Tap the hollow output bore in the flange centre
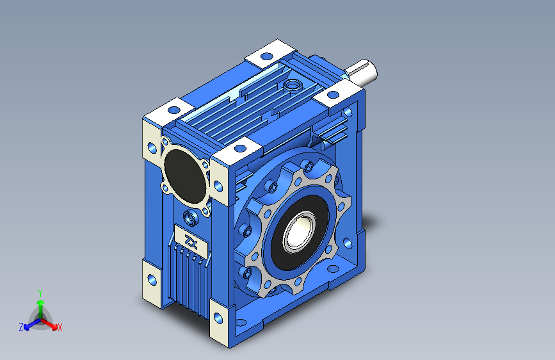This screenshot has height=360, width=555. [298, 232]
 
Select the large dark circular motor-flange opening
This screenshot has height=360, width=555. [185, 176]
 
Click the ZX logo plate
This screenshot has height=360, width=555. [191, 242]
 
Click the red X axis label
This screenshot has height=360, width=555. [60, 327]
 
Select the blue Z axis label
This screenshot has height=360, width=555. [21, 327]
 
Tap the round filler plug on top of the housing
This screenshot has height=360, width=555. [293, 85]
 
